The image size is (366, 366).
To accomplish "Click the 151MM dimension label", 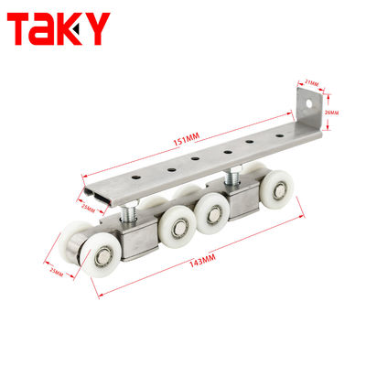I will (x=187, y=137).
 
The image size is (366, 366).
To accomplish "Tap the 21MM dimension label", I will (x=313, y=84).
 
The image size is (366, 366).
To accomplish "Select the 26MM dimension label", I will (x=331, y=113).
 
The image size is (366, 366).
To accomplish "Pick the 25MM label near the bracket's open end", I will (x=87, y=209).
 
